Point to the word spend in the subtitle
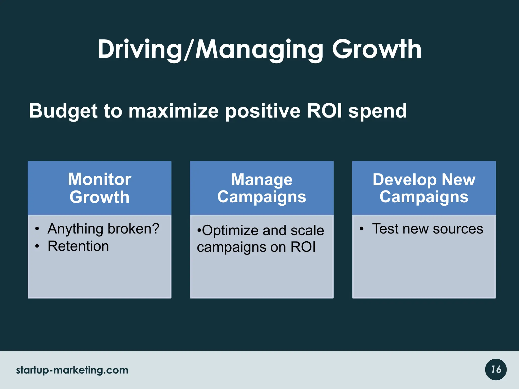point(378,111)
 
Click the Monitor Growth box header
point(100,188)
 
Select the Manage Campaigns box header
point(262,188)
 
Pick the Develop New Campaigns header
point(424,188)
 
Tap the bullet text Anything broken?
point(103,229)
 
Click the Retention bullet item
point(78,246)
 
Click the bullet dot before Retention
point(37,246)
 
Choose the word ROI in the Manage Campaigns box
point(303,247)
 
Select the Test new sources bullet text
point(428,229)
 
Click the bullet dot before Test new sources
point(362,229)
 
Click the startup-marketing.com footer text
point(72,370)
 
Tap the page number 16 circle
point(496,369)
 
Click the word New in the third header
point(458,180)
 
